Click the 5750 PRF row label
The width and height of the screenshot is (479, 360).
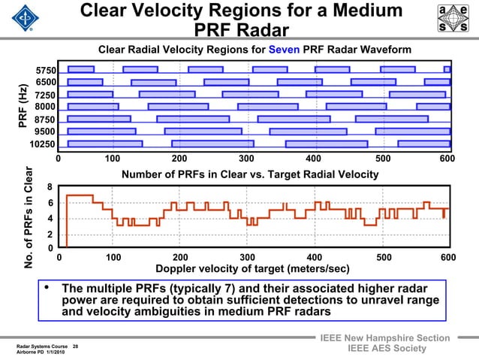click(46, 71)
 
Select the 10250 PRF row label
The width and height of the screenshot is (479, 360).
click(43, 144)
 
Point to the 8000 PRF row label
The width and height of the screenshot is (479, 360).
click(46, 107)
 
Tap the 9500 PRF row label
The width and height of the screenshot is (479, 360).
click(46, 132)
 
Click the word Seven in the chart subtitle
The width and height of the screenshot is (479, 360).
click(285, 50)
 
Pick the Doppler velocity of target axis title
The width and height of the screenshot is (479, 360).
click(252, 268)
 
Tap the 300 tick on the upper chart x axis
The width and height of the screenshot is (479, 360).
click(246, 159)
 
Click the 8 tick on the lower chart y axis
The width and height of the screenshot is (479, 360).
click(50, 187)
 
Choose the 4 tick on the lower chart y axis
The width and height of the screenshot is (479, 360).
click(50, 219)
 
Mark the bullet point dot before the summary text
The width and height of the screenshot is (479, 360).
click(48, 288)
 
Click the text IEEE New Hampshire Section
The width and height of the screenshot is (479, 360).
click(384, 337)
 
